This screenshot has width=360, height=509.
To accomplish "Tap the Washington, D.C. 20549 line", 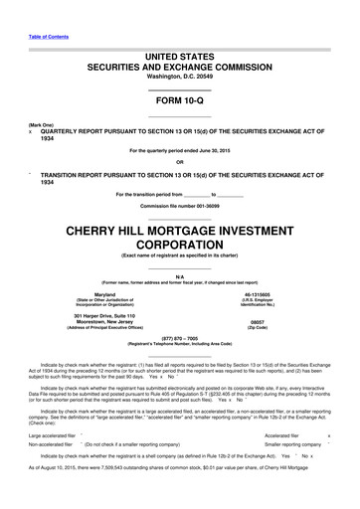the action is coord(179,78).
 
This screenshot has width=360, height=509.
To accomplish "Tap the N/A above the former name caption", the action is coord(179,276).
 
